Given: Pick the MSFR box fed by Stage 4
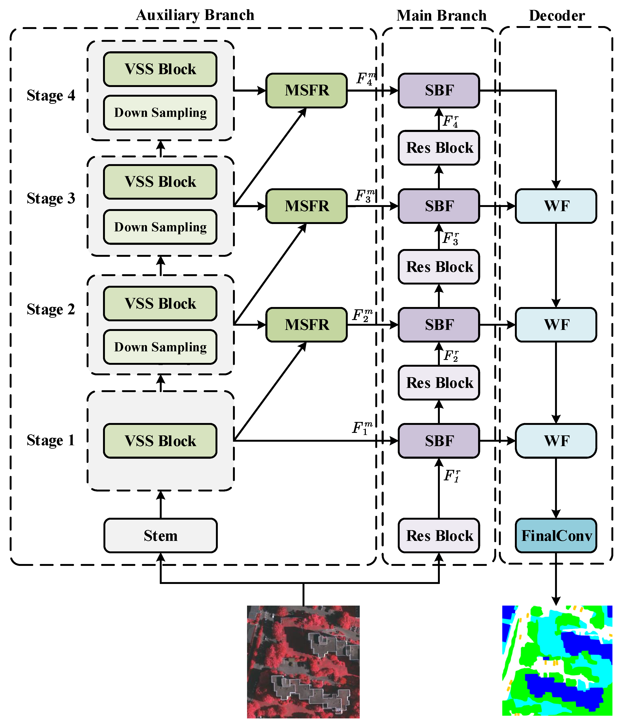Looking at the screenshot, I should (x=306, y=90).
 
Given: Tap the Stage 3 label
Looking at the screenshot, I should (x=51, y=198).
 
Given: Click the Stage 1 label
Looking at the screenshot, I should (x=51, y=440).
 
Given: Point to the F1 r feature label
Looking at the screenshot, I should (x=452, y=476).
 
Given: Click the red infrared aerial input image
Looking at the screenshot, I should (x=303, y=661).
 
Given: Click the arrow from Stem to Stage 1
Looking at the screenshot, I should (x=161, y=505).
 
